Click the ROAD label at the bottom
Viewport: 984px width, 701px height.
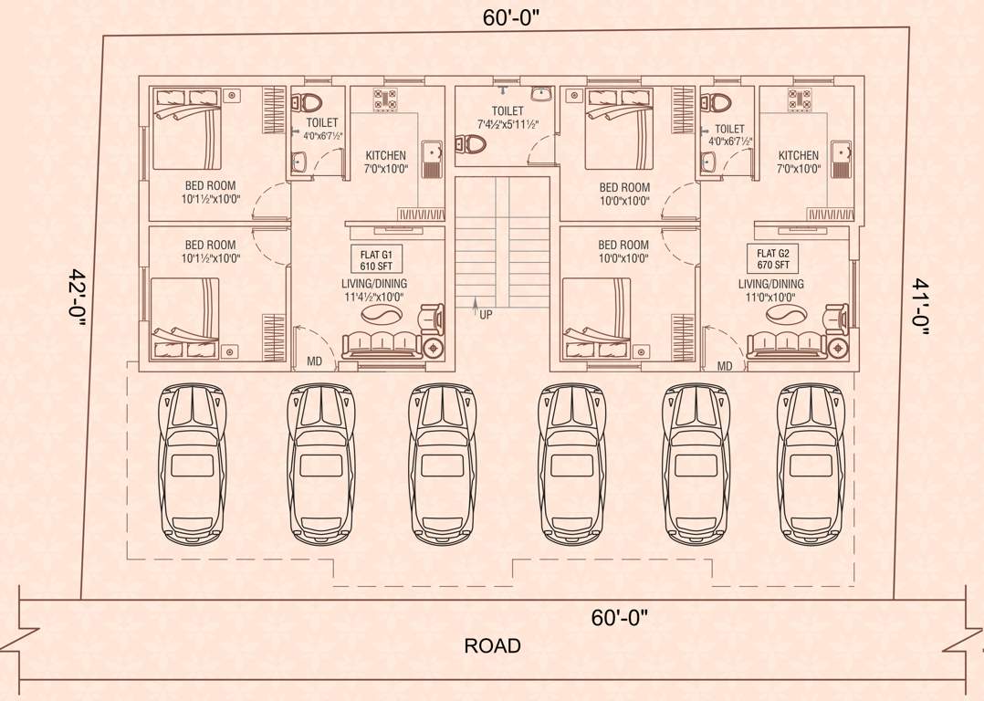tap(492, 646)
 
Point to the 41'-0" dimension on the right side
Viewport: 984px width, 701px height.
tap(919, 307)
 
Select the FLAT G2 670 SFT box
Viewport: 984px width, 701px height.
tap(772, 258)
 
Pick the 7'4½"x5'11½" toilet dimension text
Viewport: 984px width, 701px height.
tap(508, 124)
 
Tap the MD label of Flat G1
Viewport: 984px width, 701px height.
tap(315, 363)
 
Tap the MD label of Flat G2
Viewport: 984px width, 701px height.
tap(725, 366)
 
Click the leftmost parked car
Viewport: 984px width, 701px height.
tap(192, 464)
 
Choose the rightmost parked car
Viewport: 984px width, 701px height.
tap(811, 464)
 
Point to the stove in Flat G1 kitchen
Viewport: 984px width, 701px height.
tap(385, 99)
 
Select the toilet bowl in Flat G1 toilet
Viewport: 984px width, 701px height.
tap(311, 101)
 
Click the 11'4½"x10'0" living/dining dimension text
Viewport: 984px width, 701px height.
tap(375, 298)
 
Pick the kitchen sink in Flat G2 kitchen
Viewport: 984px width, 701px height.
tap(840, 157)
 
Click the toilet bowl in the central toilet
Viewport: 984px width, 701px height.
tap(471, 144)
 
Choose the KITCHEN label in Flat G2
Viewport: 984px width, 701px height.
tap(798, 156)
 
